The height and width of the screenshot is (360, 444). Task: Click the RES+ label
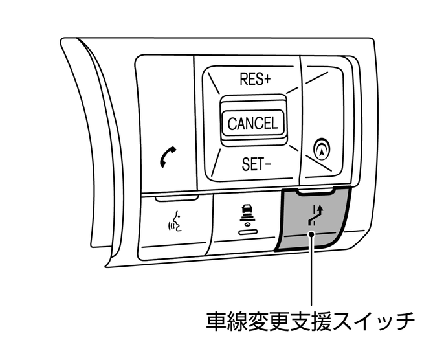click(x=254, y=80)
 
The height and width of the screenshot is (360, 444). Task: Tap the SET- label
click(x=256, y=163)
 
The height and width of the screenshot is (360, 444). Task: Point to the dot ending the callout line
click(x=313, y=236)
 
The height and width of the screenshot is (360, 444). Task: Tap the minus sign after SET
click(x=267, y=164)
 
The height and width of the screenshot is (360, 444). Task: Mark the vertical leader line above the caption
click(x=313, y=272)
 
